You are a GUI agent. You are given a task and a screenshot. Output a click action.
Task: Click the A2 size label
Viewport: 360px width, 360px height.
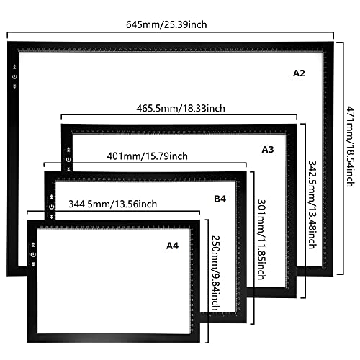[x=299, y=73]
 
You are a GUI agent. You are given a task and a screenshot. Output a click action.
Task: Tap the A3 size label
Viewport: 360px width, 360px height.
[x=268, y=150]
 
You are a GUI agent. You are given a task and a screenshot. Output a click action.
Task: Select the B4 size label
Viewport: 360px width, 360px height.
[x=220, y=199]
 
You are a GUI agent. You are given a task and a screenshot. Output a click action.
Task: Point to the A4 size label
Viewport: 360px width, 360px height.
[x=172, y=246]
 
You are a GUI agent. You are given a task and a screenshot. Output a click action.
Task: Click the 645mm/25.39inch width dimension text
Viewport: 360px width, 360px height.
[x=166, y=24]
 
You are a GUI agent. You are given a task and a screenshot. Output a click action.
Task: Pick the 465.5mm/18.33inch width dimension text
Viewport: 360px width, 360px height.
[x=181, y=108]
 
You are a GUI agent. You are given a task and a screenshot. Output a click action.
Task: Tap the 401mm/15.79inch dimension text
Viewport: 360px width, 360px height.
[x=147, y=156]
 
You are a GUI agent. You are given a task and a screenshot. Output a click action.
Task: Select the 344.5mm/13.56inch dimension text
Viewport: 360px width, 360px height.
[x=113, y=204]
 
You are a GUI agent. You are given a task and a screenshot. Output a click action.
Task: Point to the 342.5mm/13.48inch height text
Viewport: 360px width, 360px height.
[x=312, y=204]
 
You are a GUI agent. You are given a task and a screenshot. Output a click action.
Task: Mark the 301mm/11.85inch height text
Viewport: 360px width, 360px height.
[x=261, y=240]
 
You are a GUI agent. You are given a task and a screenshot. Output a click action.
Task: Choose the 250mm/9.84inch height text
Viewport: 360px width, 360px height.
[x=215, y=273]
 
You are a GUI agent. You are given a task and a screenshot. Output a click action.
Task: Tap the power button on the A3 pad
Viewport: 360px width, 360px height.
[x=68, y=160]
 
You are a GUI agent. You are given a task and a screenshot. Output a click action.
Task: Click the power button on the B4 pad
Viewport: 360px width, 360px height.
[x=51, y=207]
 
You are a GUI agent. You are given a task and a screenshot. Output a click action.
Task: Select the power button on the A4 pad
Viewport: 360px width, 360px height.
[x=33, y=254]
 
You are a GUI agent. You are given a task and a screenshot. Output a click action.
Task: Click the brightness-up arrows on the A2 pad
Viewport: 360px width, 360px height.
[x=14, y=67]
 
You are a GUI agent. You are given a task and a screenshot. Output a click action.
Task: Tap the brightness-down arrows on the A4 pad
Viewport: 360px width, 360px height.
[x=33, y=264]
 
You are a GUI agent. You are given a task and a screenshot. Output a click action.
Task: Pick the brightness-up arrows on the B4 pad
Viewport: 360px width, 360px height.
[x=51, y=197]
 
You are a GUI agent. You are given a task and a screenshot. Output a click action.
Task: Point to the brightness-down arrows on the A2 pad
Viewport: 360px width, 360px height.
[x=14, y=86]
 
